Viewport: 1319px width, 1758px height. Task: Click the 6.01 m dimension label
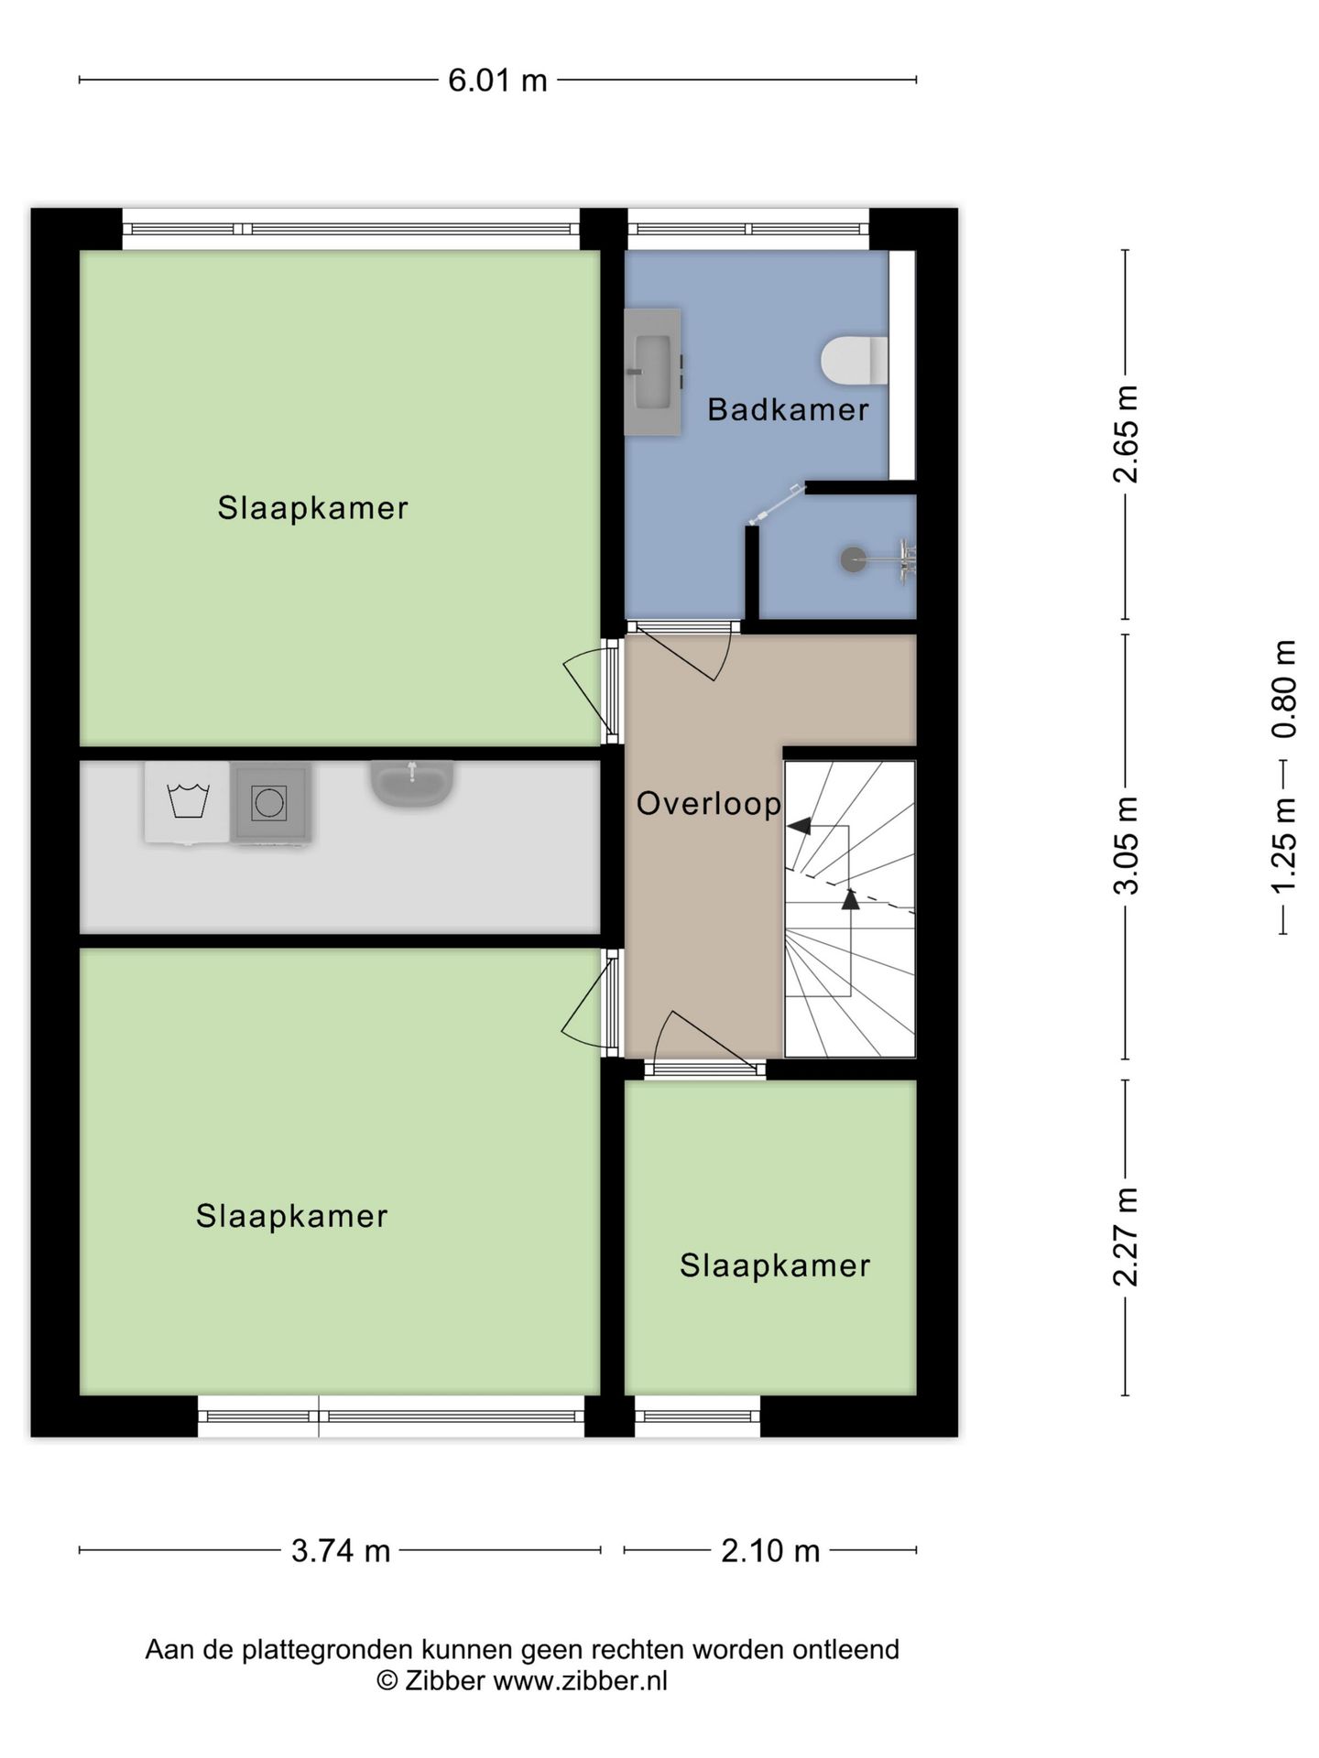tap(497, 81)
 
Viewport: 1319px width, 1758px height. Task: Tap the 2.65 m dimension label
tap(1126, 434)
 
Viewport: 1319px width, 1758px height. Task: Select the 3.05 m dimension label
tap(1126, 845)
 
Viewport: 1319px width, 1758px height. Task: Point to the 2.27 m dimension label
tap(1126, 1236)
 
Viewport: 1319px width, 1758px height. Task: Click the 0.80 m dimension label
tap(1284, 689)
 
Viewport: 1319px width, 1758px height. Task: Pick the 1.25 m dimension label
tap(1284, 844)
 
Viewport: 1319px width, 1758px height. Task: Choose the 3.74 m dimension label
tap(341, 1551)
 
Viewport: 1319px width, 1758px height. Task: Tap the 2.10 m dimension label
tap(770, 1551)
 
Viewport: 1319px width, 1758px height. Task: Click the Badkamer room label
tap(788, 409)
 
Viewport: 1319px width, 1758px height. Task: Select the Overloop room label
tap(709, 804)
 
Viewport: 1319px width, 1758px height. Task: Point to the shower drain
tap(853, 559)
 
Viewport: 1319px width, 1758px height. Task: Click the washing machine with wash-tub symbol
tap(188, 802)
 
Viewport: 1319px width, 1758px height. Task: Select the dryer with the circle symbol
tap(269, 803)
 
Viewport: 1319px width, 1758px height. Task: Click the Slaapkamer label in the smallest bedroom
tap(775, 1266)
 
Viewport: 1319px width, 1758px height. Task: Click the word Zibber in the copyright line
tap(444, 1681)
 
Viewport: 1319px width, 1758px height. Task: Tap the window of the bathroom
tap(747, 229)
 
